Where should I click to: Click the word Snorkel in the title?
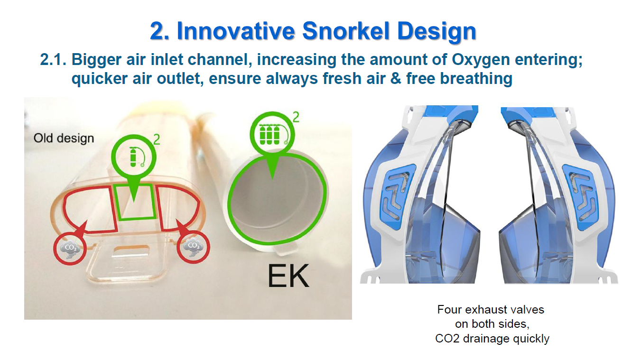tap(346, 31)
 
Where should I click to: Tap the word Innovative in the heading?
tap(236, 31)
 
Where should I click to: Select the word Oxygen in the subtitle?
tap(481, 59)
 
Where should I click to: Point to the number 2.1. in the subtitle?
tap(53, 59)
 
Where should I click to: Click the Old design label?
tap(64, 138)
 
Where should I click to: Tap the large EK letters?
tap(288, 276)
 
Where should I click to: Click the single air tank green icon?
tap(134, 157)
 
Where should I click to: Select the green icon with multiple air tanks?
tap(272, 134)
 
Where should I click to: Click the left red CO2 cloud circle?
tap(70, 248)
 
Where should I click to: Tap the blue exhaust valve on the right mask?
tap(580, 197)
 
